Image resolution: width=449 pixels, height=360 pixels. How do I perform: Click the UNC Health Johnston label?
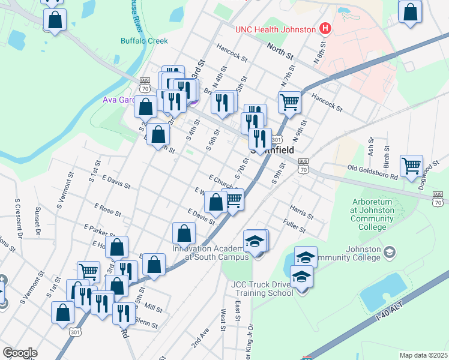tap(275, 29)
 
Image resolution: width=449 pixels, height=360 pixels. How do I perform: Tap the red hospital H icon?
tap(325, 28)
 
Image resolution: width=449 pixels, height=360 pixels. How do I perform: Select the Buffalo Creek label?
tap(144, 41)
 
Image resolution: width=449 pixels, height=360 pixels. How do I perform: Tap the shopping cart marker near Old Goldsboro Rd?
tap(411, 165)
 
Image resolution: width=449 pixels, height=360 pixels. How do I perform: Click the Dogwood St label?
tap(429, 177)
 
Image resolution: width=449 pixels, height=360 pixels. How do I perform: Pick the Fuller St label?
tap(294, 229)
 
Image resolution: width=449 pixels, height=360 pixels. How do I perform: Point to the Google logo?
tap(20, 353)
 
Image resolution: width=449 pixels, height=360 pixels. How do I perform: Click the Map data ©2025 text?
tap(423, 355)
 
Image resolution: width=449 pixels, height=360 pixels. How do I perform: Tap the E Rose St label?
tap(107, 209)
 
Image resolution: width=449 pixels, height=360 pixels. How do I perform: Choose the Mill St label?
tap(153, 308)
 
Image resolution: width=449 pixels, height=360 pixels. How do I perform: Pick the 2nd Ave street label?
tap(200, 339)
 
